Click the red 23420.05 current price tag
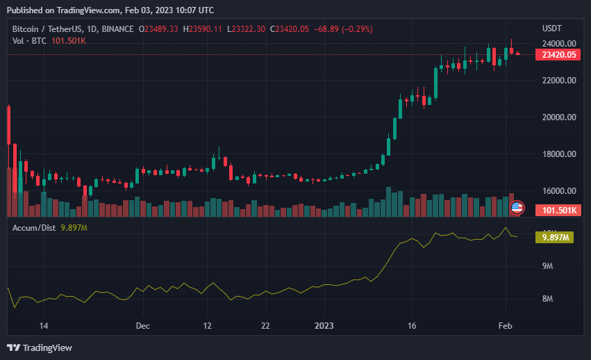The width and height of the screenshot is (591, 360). coord(559,55)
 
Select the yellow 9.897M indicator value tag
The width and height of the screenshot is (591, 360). coord(555,238)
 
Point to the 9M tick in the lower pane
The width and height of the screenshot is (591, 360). coord(547,266)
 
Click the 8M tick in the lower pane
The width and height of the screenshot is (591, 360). coord(547,299)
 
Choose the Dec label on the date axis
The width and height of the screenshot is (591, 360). coord(143,325)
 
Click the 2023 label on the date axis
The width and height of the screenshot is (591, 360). coord(324,325)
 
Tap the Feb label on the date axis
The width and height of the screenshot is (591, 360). coord(506,325)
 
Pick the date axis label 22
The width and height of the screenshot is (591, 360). coord(265,325)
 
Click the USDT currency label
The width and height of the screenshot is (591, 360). coord(552,28)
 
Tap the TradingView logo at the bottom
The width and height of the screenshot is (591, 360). coord(40,347)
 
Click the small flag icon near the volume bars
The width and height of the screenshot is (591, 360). coord(517,207)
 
